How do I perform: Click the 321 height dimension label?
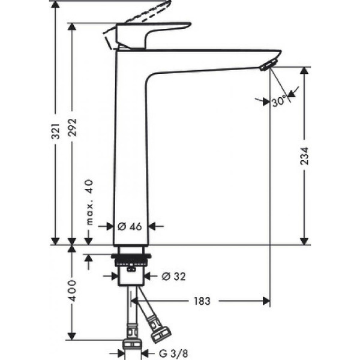55,131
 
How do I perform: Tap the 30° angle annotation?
278,102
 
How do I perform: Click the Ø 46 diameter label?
130,226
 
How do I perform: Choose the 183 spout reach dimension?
202,301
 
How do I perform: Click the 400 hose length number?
73,292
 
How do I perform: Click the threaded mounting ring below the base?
131,262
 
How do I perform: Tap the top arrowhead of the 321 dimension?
55,5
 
